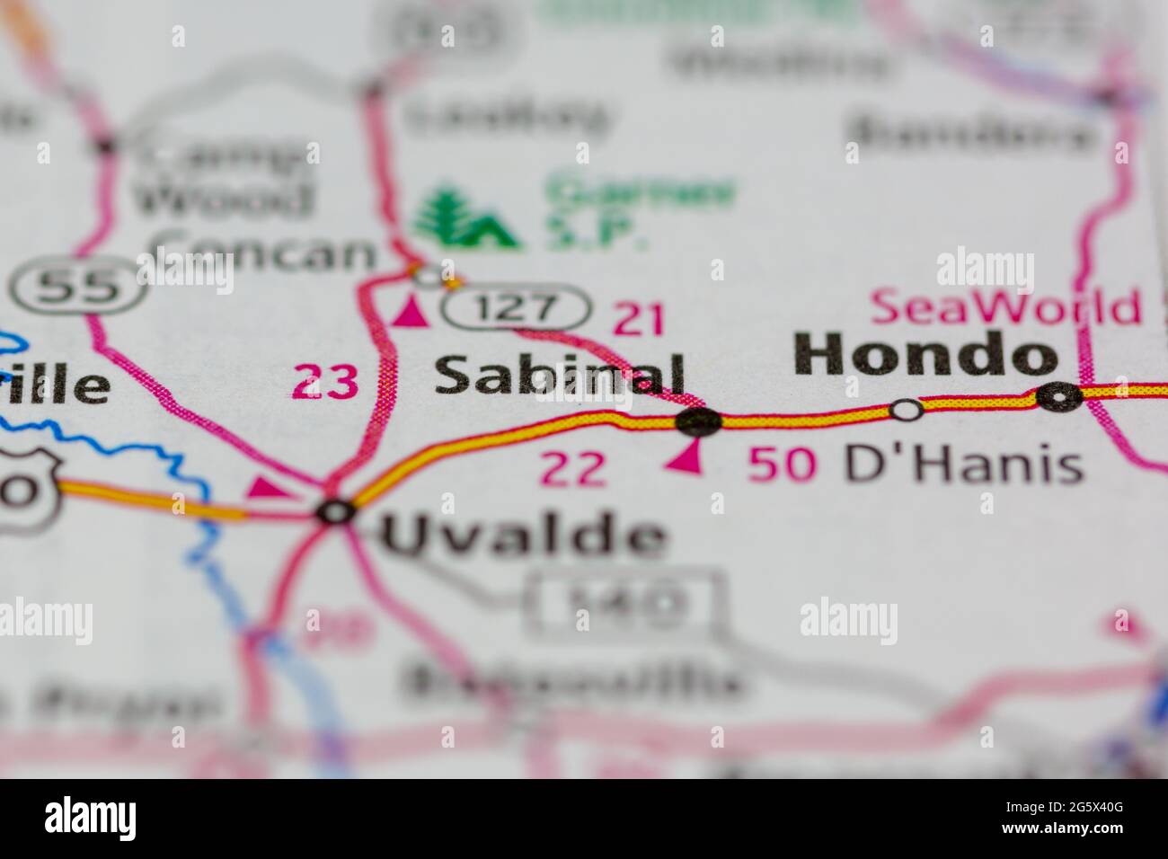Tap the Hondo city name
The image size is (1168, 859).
[x=925, y=354]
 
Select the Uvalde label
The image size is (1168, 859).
[x=526, y=536]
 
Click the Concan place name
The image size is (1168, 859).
[x=261, y=253]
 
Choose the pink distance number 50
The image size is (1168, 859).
[x=783, y=465]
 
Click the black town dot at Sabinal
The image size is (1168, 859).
[x=699, y=420]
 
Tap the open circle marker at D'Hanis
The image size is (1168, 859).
[x=907, y=410]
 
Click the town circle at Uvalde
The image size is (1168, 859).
[x=336, y=512]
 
